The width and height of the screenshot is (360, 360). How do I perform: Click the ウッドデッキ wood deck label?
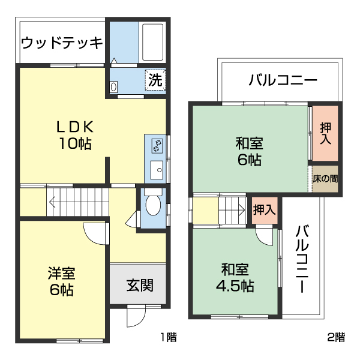tap(62, 43)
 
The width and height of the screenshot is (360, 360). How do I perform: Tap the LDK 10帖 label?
tap(74, 135)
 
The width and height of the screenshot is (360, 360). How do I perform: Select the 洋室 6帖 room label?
tap(61, 281)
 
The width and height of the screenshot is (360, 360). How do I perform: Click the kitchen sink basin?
tap(157, 168)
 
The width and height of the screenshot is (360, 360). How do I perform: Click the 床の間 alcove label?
tap(325, 178)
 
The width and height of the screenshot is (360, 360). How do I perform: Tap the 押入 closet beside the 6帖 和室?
tap(325, 133)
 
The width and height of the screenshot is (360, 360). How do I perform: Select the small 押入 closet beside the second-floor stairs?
tap(264, 210)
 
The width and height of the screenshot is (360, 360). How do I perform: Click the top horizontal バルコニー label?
tap(283, 80)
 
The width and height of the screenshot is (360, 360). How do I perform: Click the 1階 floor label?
tap(168, 337)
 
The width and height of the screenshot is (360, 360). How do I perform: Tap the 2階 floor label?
tap(336, 337)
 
